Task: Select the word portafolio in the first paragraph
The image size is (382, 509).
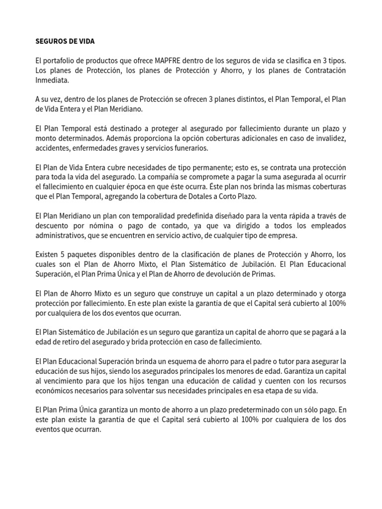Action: point(65,60)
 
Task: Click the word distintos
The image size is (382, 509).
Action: point(242,99)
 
